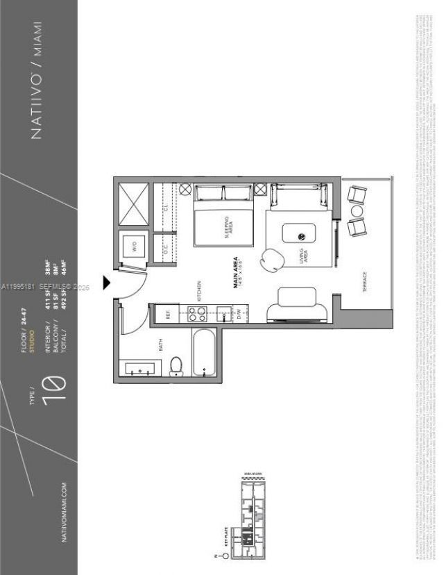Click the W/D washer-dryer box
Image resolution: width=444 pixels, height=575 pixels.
tap(133, 245)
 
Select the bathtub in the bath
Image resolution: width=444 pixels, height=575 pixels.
tap(203, 353)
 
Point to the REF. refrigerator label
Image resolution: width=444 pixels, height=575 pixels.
tap(167, 313)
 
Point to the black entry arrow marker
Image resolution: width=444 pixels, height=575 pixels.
tap(108, 282)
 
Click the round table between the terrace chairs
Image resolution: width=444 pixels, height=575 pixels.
tap(357, 210)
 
